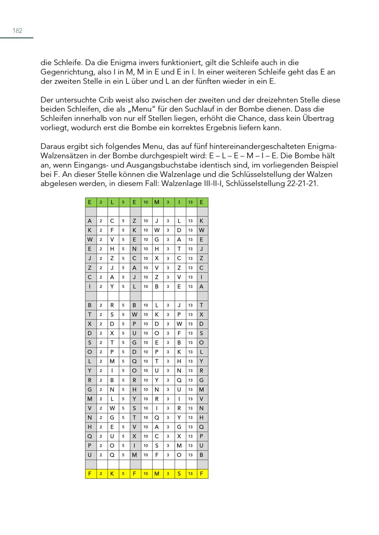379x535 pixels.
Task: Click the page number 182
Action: (x=17, y=31)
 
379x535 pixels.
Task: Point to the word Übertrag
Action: (x=318, y=118)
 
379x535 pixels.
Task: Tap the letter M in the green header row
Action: (x=157, y=202)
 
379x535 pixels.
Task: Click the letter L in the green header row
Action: (x=112, y=202)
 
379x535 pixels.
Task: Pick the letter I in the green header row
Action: (x=179, y=202)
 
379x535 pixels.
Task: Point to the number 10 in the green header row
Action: (x=146, y=202)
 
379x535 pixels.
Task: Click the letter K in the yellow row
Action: (x=112, y=474)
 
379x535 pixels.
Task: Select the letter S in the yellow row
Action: (x=179, y=474)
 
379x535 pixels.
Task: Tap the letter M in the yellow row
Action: (x=157, y=474)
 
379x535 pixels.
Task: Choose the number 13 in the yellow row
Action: (x=190, y=474)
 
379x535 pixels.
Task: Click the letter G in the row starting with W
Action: (x=157, y=240)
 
